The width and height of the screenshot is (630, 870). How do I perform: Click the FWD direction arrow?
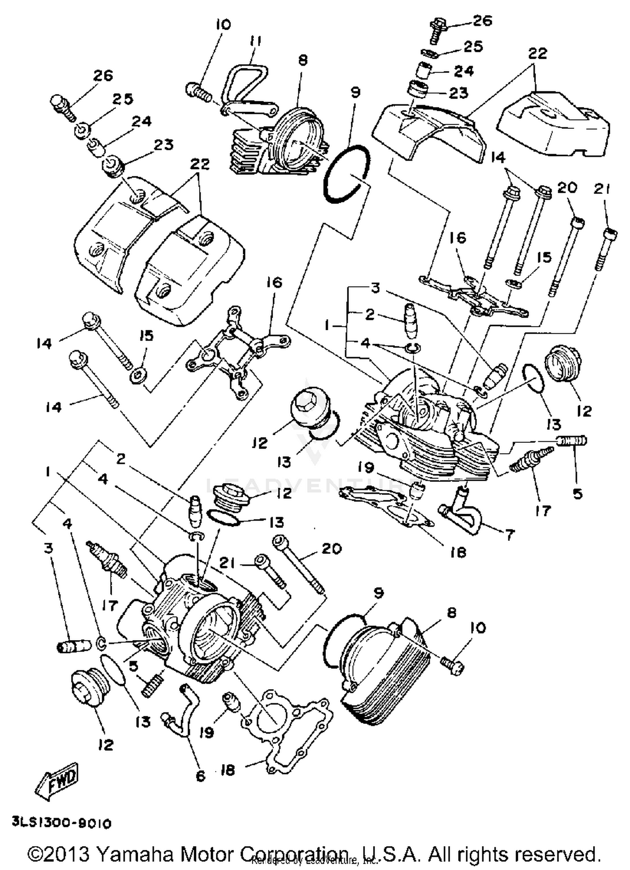point(57,781)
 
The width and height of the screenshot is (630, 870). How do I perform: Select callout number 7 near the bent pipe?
point(509,535)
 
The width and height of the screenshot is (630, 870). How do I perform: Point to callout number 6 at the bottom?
point(201,776)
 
